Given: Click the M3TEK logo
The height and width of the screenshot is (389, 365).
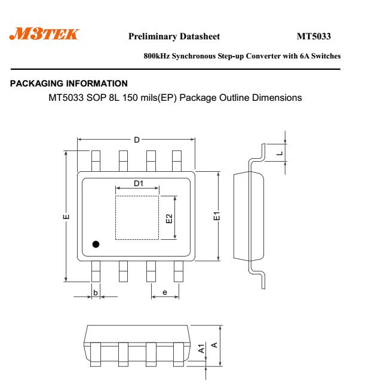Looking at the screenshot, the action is (x=44, y=34).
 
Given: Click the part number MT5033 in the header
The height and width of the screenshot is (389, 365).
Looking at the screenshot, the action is (x=314, y=36).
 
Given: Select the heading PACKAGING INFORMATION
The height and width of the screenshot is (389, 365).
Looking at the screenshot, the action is (x=69, y=84).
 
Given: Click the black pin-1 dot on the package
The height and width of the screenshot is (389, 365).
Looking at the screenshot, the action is (x=96, y=245).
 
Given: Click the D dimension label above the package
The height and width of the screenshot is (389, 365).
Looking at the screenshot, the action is (x=137, y=140).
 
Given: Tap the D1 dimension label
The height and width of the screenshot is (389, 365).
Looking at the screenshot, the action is (x=139, y=183).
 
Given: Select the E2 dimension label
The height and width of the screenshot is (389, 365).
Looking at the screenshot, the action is (x=169, y=218).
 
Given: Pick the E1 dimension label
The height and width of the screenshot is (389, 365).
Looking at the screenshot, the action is (x=217, y=216).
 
